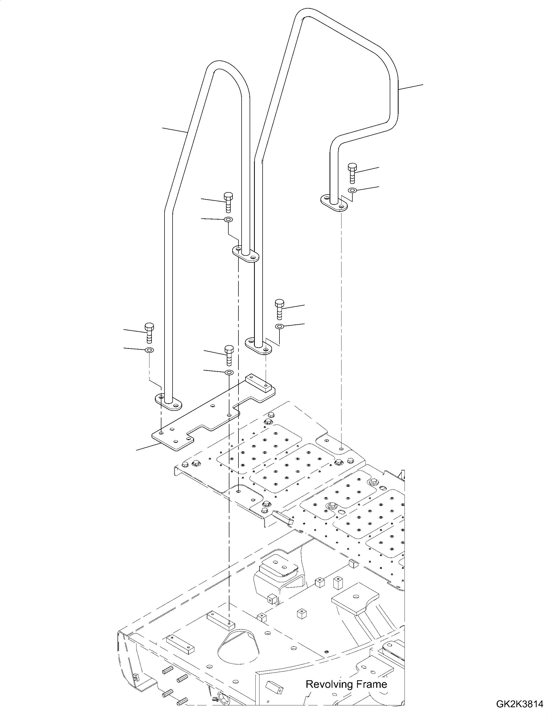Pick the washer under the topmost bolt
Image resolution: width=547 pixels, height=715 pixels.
[x=352, y=190]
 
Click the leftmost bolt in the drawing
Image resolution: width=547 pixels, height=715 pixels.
[x=149, y=333]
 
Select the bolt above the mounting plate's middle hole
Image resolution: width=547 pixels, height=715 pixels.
[x=229, y=355]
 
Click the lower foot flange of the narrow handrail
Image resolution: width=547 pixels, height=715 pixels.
[x=168, y=402]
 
